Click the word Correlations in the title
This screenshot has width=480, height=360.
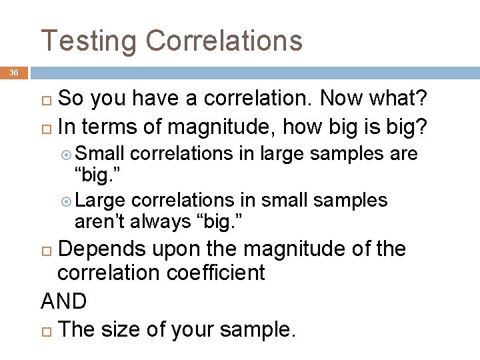coord(225,40)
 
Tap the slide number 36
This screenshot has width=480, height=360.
coord(14,72)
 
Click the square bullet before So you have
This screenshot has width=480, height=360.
coord(47,99)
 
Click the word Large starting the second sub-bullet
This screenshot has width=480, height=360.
coord(102,200)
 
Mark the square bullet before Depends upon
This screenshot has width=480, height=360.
coord(47,249)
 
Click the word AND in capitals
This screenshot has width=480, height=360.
coord(64,301)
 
